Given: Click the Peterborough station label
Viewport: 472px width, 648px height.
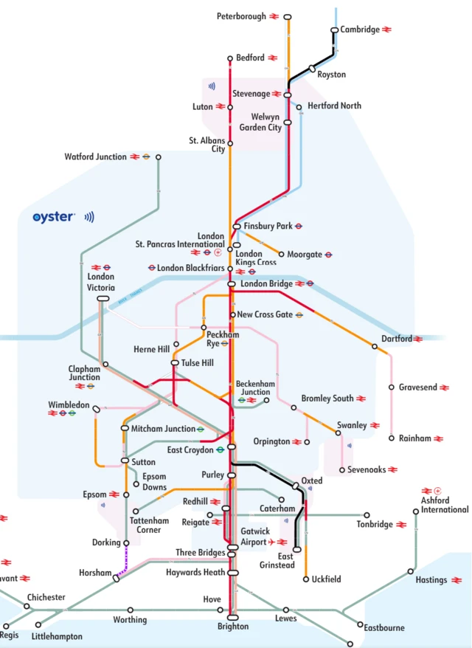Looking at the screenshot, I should (x=241, y=16).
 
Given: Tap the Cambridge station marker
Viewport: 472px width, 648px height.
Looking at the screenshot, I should (x=335, y=30).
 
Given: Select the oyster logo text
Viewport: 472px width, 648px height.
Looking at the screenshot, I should (x=54, y=217).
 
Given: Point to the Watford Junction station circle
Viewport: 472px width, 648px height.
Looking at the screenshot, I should (x=159, y=157).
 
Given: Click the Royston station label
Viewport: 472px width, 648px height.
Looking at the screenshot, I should (x=331, y=75).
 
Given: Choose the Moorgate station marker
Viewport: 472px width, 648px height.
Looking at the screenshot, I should (x=281, y=255).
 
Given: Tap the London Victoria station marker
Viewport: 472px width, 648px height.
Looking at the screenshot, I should (x=103, y=298).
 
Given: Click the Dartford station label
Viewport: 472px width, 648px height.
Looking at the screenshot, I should (x=396, y=339).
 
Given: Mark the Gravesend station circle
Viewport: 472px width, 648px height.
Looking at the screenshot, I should (x=392, y=387).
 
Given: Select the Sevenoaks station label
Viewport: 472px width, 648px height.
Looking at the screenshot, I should (x=367, y=469).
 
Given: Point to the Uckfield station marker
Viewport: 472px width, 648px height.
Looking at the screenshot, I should (x=306, y=579).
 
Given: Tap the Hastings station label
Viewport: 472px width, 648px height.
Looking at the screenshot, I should (x=431, y=580).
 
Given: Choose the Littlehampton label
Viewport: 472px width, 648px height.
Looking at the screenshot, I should (x=57, y=635).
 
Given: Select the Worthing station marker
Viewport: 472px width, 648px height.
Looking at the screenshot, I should (x=131, y=610).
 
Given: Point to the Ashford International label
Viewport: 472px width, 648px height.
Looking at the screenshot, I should (x=445, y=505).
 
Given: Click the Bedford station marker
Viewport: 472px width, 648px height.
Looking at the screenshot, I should (x=230, y=58).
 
